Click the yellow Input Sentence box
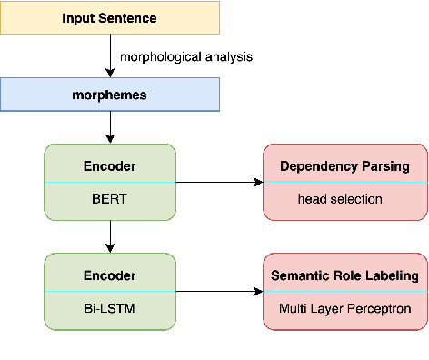click(110, 18)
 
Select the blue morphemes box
click(110, 95)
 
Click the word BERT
click(110, 197)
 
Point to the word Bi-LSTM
click(110, 308)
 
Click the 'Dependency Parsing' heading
click(344, 166)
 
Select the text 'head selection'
click(344, 197)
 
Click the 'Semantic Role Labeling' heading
click(344, 275)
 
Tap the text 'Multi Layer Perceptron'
click(344, 308)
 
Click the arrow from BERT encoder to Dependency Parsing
click(218, 182)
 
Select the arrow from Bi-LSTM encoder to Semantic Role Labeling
click(218, 292)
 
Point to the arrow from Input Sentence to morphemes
click(110, 56)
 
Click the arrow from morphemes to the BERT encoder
click(110, 127)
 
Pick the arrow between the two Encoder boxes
click(110, 236)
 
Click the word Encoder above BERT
click(110, 166)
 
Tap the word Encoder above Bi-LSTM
click(110, 275)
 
